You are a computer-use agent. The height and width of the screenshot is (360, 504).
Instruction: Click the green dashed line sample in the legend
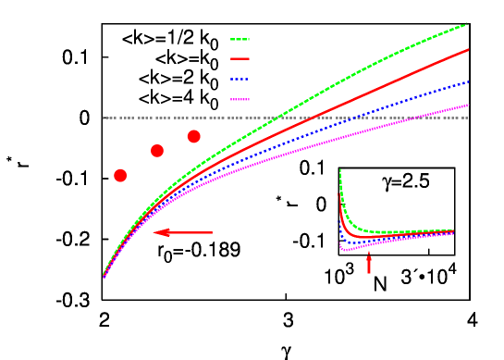click(240, 40)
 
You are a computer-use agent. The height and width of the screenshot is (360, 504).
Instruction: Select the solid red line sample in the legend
click(240, 58)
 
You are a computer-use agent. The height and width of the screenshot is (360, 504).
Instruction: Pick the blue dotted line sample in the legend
click(240, 80)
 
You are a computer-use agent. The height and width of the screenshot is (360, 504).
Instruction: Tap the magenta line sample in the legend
click(240, 99)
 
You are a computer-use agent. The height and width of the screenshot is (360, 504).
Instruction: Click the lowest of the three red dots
click(120, 176)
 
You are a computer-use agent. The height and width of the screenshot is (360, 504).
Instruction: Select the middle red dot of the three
click(157, 151)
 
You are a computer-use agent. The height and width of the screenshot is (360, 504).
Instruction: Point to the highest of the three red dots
click(193, 137)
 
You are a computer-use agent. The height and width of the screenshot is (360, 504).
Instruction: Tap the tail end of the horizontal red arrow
click(212, 232)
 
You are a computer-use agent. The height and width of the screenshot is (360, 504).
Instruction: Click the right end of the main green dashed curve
click(467, 24)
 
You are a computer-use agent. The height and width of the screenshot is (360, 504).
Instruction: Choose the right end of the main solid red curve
click(468, 50)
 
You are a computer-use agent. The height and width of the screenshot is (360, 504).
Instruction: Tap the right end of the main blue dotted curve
click(468, 81)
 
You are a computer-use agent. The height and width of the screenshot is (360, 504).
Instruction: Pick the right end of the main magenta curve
click(468, 105)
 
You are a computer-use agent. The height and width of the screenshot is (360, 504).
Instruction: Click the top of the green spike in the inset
click(340, 170)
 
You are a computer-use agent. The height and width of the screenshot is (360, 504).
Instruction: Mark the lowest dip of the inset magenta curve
click(343, 249)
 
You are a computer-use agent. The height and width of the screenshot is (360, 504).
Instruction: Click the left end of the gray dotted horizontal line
click(104, 118)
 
